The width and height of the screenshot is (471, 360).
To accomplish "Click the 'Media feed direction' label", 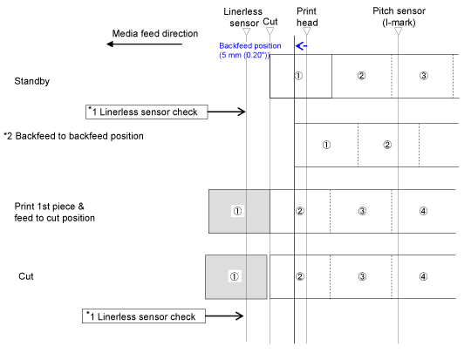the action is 155,33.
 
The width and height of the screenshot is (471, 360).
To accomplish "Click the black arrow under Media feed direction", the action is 144,44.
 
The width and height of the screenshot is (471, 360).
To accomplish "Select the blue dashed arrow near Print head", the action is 301,46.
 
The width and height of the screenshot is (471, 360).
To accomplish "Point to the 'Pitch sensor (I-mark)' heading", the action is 399,17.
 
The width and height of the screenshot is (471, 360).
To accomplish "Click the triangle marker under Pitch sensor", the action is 398,31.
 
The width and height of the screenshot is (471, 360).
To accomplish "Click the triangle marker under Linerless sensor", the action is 246,31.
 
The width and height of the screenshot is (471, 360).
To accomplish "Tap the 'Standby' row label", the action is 32,81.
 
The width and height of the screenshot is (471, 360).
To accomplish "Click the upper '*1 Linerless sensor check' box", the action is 147,112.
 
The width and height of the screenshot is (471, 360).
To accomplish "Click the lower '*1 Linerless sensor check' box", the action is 144,316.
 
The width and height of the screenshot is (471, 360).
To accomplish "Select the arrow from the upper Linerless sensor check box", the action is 227,112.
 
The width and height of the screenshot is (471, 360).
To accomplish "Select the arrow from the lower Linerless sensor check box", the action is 224,316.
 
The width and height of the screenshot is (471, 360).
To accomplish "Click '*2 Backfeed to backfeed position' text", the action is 73,136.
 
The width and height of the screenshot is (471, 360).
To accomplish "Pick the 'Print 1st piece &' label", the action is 49,207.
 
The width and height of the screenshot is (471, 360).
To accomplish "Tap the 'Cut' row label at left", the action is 26,276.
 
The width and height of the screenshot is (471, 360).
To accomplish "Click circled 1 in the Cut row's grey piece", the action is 235,276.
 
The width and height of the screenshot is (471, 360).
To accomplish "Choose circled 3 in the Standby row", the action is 424,76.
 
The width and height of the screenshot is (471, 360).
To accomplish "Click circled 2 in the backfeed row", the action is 387,145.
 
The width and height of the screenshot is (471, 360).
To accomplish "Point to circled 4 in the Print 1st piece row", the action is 423,211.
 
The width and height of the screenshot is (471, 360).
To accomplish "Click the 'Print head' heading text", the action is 307,17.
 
